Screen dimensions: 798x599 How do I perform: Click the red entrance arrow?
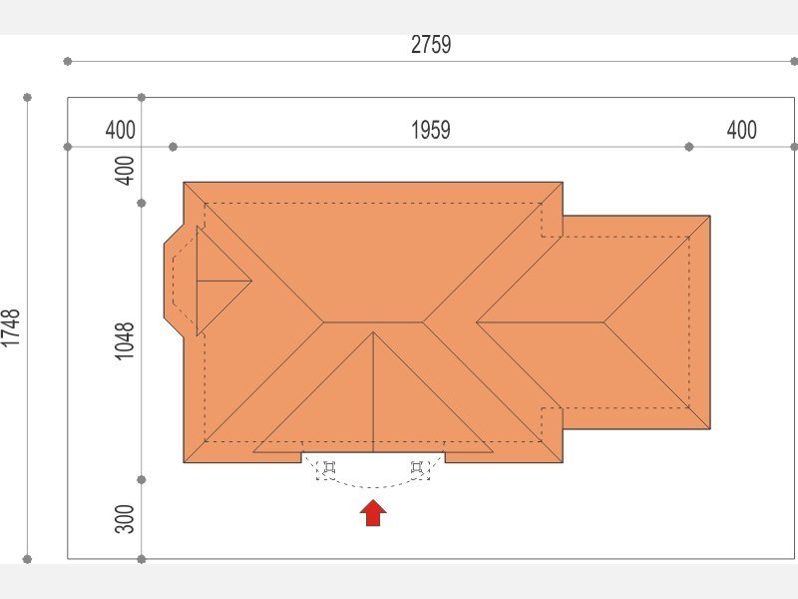click(373, 513)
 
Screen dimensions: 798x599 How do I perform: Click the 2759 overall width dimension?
click(431, 45)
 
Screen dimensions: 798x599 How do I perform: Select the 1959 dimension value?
click(431, 130)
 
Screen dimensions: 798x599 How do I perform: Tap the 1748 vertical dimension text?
click(11, 328)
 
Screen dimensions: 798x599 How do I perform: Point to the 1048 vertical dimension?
click(124, 340)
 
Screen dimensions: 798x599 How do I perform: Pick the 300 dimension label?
click(124, 519)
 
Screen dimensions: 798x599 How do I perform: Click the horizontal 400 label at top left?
click(120, 130)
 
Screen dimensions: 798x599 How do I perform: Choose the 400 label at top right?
click(741, 130)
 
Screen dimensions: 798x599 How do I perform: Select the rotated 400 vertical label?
click(124, 170)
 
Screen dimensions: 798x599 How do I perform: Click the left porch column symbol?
click(329, 467)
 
